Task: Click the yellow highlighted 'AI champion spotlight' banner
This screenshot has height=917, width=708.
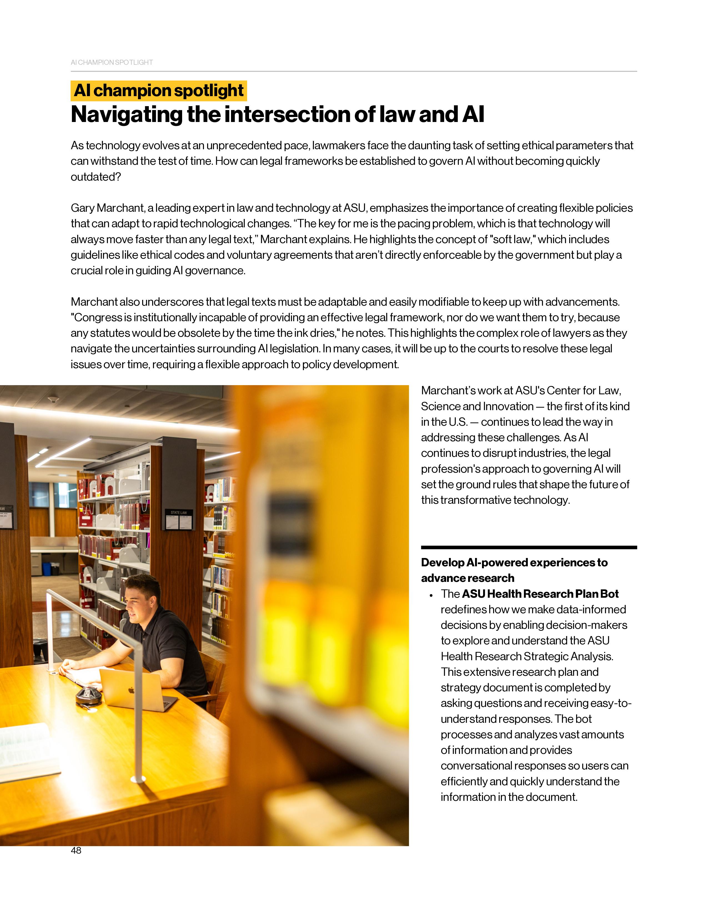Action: (159, 91)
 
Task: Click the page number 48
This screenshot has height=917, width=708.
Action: (76, 850)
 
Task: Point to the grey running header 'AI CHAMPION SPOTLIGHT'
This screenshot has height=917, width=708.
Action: (112, 63)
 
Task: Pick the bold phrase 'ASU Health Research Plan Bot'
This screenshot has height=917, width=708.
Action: (540, 594)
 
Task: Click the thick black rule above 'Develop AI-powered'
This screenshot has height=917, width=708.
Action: (528, 547)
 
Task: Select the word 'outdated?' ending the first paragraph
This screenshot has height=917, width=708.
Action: (96, 177)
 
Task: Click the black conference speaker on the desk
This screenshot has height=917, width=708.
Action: (89, 695)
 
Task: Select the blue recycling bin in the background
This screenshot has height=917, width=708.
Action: (47, 569)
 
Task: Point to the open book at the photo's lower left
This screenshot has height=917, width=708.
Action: (25, 752)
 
